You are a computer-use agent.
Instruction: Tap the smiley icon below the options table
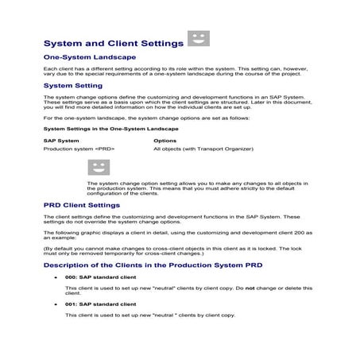coord(99,167)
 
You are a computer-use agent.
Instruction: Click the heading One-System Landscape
coord(89,58)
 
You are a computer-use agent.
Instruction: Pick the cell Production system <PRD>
coord(79,149)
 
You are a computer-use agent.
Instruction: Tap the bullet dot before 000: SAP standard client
coord(56,277)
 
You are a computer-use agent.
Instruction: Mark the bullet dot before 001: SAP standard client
coord(56,304)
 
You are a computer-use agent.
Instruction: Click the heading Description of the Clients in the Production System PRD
coord(153,264)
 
